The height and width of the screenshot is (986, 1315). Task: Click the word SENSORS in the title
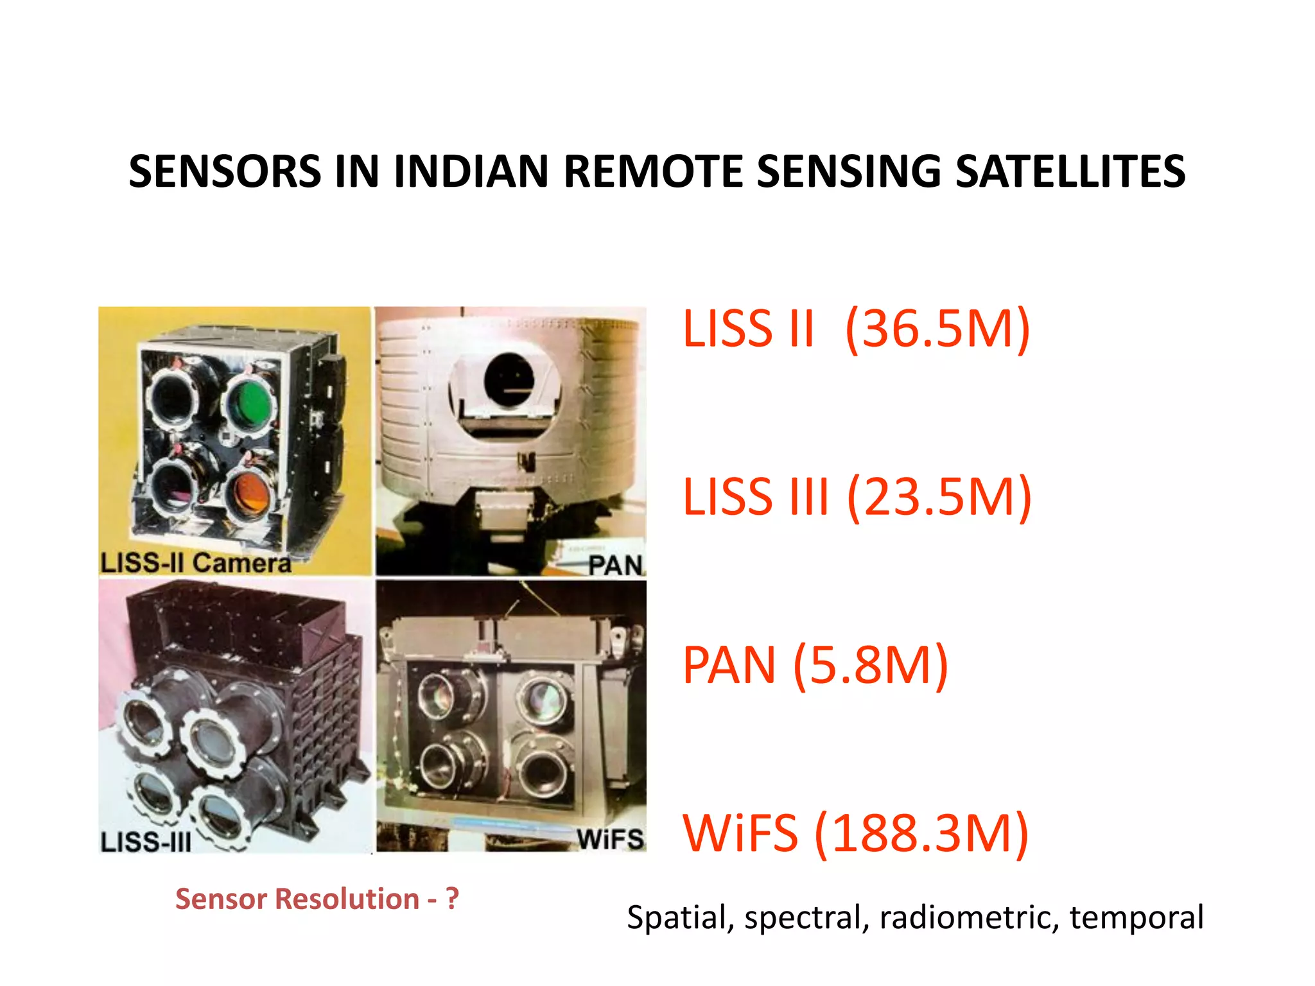[x=225, y=172]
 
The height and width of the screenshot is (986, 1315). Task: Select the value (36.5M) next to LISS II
[x=937, y=329]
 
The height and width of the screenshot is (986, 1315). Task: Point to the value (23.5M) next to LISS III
[x=939, y=497]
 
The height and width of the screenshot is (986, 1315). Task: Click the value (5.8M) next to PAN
[x=871, y=666]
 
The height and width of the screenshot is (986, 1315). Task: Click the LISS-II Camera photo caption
[x=196, y=563]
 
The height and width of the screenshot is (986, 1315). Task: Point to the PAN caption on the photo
[x=615, y=566]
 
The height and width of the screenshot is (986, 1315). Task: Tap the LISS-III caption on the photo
[x=146, y=842]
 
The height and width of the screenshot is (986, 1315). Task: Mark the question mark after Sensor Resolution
[x=453, y=899]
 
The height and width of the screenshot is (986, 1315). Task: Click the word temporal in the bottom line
[x=1136, y=917]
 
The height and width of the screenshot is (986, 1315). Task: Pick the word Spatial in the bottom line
[x=679, y=917]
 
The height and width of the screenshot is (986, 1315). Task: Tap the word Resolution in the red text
[x=347, y=899]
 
